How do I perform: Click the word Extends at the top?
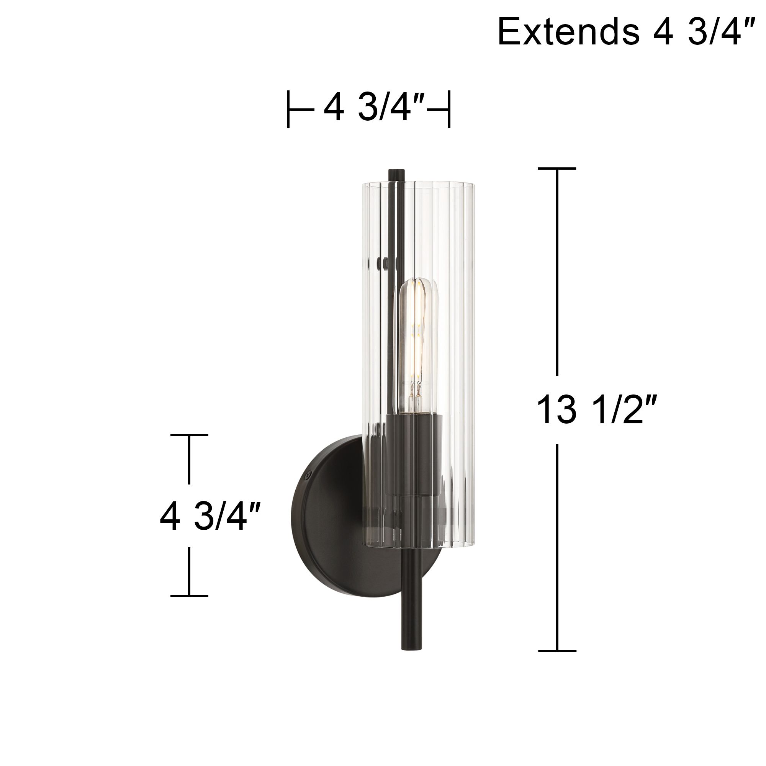pos(568,32)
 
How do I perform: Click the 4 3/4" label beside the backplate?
pos(210,516)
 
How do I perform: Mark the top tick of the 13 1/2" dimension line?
pos(556,169)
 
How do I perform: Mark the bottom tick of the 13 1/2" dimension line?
pos(556,651)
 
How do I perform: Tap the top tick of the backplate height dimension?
pos(189,435)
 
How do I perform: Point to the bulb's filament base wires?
pos(416,393)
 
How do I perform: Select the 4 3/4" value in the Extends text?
pos(702,32)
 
